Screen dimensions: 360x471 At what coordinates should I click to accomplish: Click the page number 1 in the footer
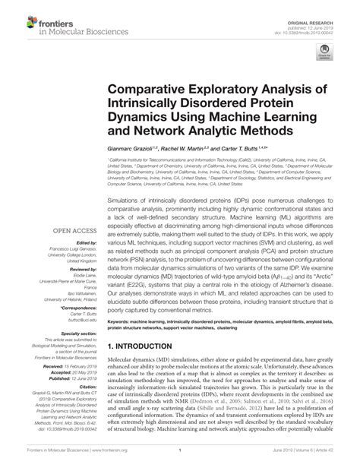[x=180, y=460]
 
